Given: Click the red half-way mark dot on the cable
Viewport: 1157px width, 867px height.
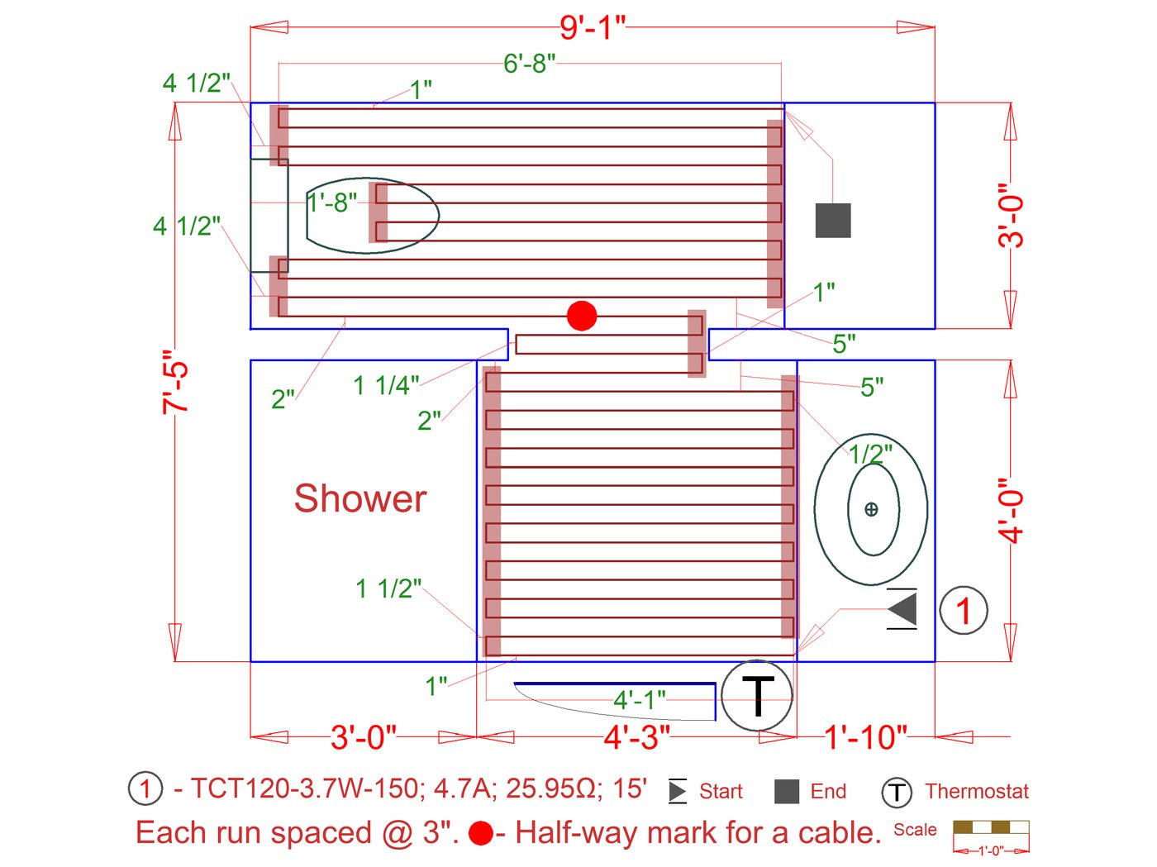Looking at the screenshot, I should click(582, 316).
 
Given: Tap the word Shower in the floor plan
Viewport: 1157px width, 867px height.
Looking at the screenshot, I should click(360, 499).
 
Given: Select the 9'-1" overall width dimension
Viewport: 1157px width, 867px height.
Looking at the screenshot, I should click(592, 27).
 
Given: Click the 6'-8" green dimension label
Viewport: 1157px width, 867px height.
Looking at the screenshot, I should click(529, 64).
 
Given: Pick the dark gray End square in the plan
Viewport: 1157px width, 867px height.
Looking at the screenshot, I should click(833, 221).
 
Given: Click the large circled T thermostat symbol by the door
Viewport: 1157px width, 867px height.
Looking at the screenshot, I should click(757, 695).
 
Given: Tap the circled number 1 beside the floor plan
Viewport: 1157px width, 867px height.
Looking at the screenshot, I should click(964, 611).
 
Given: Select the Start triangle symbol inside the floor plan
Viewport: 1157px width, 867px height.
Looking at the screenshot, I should click(902, 610).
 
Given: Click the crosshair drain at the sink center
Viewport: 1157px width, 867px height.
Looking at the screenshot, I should click(871, 509).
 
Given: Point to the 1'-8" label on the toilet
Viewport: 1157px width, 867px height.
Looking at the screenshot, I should click(332, 202).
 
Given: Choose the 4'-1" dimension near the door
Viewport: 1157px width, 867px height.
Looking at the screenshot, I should click(639, 700).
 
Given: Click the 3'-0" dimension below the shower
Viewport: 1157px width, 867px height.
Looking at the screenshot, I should click(364, 736).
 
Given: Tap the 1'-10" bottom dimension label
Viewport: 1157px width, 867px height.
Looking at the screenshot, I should click(865, 736).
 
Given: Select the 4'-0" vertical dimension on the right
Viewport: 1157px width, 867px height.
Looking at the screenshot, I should click(1011, 510).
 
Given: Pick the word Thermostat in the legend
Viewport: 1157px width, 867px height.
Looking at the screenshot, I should click(977, 792).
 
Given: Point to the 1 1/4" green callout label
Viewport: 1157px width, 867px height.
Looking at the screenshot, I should click(386, 385).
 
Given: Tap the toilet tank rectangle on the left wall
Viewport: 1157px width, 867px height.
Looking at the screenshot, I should click(269, 215).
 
